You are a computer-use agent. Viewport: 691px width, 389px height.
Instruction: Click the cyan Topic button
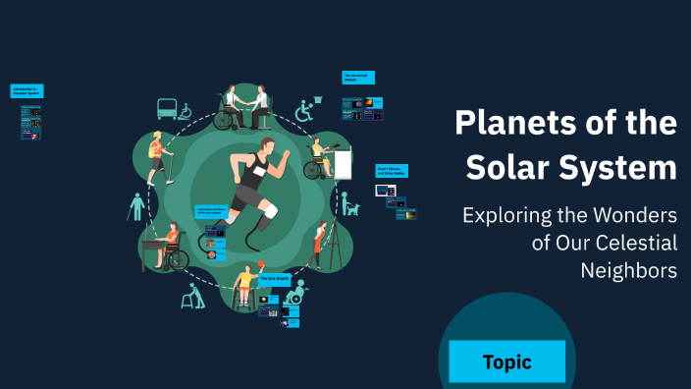coord(506,361)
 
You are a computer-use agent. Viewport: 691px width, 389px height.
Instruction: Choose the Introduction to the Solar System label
coord(27,91)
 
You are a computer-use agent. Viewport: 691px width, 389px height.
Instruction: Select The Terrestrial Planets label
coord(359,78)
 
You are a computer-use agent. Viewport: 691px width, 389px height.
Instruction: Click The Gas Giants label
coord(274,279)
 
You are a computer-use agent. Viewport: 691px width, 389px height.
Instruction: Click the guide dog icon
coord(350,206)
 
